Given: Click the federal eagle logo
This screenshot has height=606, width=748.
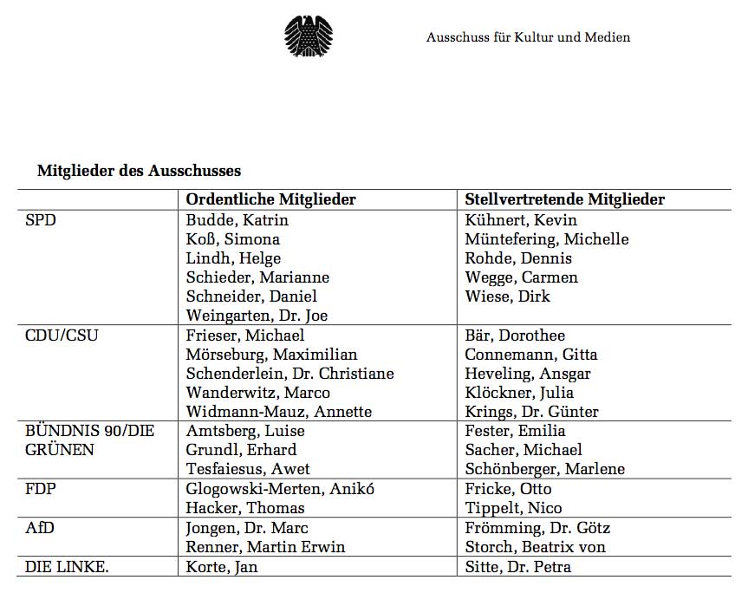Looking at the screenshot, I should click(x=309, y=37).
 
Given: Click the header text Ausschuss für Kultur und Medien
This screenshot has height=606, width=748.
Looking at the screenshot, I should click(x=528, y=37).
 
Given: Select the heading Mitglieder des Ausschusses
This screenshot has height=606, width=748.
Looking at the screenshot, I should click(x=139, y=171).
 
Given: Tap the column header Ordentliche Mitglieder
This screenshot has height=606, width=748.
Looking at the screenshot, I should click(x=270, y=199).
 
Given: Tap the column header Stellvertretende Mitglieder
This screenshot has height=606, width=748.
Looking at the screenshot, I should click(x=564, y=199).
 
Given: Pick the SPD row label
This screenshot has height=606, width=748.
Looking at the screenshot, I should click(x=41, y=220).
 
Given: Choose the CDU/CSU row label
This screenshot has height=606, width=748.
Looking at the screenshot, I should click(x=62, y=336).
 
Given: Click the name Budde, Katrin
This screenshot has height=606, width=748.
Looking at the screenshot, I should click(x=237, y=220).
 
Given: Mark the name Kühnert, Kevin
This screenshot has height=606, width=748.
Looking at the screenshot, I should click(x=520, y=220).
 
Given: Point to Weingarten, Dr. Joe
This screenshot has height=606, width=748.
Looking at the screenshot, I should click(x=257, y=316).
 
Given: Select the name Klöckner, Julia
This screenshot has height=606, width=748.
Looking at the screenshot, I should click(x=519, y=393).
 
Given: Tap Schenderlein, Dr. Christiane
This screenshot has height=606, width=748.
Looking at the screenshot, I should click(x=289, y=374).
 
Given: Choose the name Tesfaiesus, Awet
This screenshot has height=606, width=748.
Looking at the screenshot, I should click(x=249, y=469).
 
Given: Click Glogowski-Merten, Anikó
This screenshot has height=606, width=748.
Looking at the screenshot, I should click(x=280, y=488).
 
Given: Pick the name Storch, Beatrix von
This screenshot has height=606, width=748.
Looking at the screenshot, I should click(x=535, y=547).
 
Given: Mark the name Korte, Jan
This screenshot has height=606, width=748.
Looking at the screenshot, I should click(x=222, y=567).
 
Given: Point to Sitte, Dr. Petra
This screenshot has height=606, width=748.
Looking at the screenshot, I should click(x=517, y=567).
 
